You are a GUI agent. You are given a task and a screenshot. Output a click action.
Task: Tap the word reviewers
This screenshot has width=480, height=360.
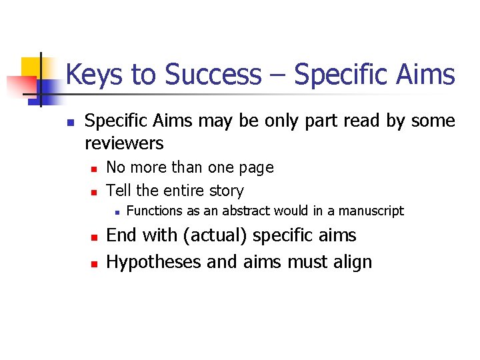[124, 143]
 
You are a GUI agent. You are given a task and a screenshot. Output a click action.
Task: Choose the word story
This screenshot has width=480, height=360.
[228, 191]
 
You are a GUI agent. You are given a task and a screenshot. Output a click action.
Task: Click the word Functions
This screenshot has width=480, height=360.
[154, 211]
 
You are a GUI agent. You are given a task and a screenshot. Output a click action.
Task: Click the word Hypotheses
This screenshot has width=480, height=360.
[155, 262]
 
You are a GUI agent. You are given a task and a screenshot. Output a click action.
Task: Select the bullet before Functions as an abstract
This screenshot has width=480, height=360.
[116, 213]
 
